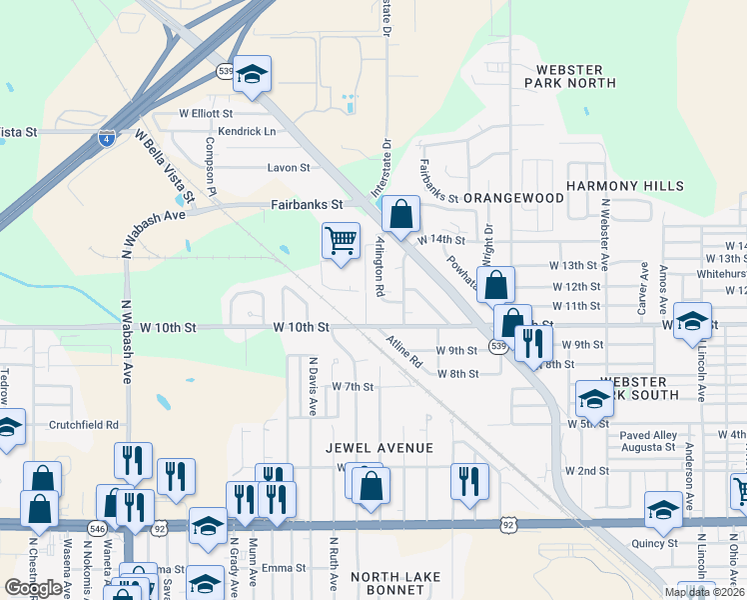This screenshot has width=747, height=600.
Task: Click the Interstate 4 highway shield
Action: pyautogui.click(x=106, y=139)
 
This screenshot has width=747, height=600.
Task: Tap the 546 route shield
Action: pyautogui.click(x=97, y=527)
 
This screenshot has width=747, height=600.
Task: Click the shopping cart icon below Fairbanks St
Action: pyautogui.click(x=341, y=241)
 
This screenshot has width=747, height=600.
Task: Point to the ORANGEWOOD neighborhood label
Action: pyautogui.click(x=513, y=198)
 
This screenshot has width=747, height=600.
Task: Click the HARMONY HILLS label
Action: pyautogui.click(x=625, y=186)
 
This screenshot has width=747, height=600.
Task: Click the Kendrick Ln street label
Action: pyautogui.click(x=247, y=131)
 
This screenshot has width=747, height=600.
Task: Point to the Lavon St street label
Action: pyautogui.click(x=289, y=168)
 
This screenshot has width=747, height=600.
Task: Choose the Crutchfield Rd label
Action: pyautogui.click(x=84, y=425)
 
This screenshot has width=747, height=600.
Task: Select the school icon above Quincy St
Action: pyautogui.click(x=663, y=509)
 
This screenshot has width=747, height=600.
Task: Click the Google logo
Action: pyautogui.click(x=33, y=588)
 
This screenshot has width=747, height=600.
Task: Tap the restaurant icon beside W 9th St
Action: pyautogui.click(x=533, y=343)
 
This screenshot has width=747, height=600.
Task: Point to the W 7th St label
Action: pyautogui.click(x=352, y=387)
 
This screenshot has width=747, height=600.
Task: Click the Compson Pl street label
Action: pyautogui.click(x=211, y=166)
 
